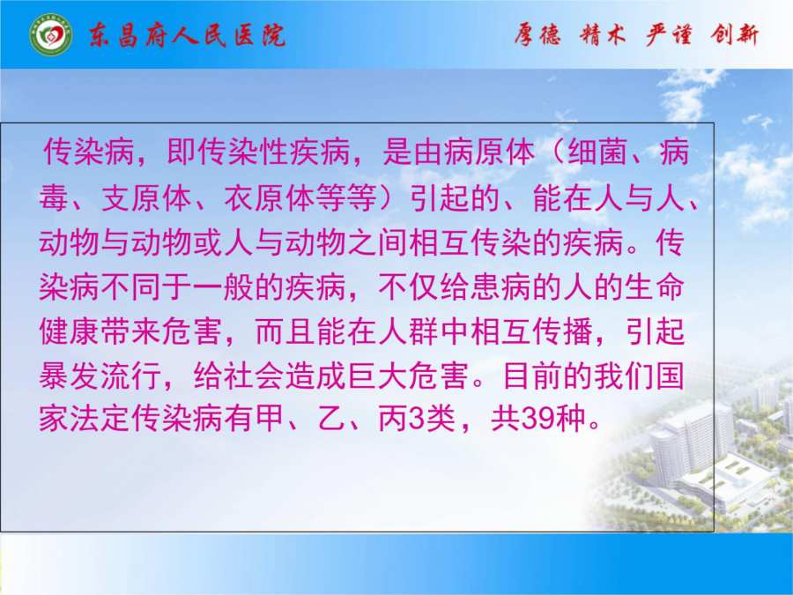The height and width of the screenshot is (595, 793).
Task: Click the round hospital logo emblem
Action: tap(50, 35)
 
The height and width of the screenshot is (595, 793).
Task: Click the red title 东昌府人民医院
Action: tap(187, 36)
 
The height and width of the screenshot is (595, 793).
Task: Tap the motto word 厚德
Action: tap(537, 35)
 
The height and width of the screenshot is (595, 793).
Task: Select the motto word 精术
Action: tap(603, 35)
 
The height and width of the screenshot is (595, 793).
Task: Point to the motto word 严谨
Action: tap(669, 35)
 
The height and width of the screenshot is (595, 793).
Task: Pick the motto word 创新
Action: tap(734, 35)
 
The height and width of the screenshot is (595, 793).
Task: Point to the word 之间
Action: tap(378, 242)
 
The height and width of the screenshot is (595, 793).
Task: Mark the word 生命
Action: tap(655, 286)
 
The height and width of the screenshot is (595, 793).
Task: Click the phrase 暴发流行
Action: tap(100, 376)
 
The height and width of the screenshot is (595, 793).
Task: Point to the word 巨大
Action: tap(378, 376)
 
